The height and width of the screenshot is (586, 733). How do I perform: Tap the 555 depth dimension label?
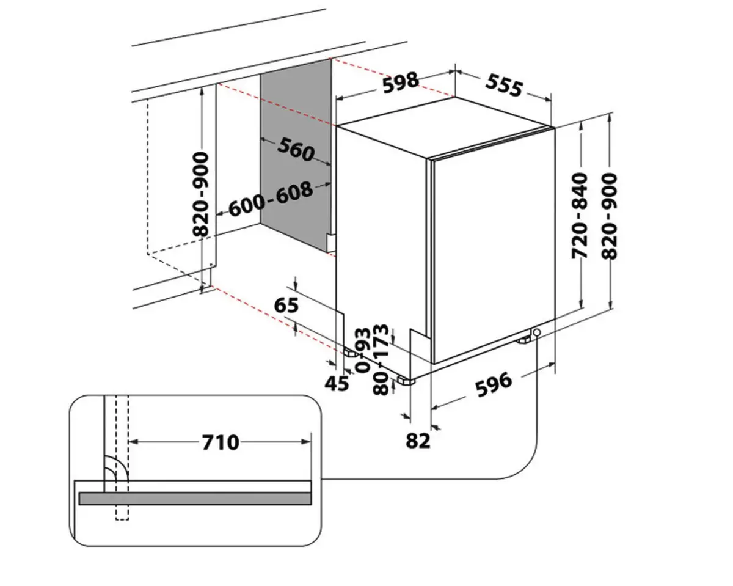click(505, 86)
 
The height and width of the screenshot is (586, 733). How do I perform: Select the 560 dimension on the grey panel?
click(296, 149)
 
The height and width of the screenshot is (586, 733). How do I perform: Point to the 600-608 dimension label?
click(271, 198)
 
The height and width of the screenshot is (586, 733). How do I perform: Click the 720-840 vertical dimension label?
click(579, 214)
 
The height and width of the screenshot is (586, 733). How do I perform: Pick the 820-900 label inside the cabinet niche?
click(201, 194)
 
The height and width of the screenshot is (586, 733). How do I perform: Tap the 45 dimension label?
click(337, 383)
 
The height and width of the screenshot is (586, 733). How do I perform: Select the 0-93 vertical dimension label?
click(362, 350)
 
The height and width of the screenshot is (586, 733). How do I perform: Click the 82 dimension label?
click(418, 440)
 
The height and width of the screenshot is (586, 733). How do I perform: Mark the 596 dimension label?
click(493, 384)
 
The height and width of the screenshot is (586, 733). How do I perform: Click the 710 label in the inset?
click(220, 441)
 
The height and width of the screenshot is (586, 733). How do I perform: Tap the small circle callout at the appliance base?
click(537, 332)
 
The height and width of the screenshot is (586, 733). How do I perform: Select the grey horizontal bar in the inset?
click(195, 499)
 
